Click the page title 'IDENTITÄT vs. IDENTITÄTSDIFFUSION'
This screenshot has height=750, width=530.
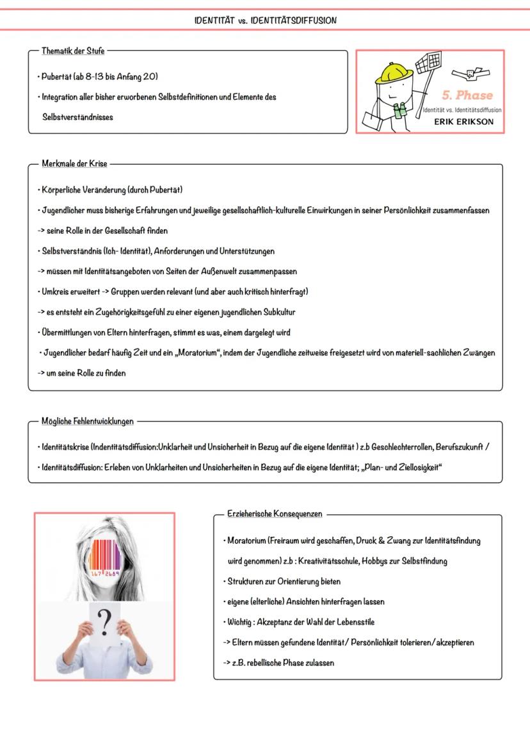(x=265, y=20)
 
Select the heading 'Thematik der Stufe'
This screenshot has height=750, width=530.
(x=73, y=51)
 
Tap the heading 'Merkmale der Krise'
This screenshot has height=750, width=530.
(x=74, y=164)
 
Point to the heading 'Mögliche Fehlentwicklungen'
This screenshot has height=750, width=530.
(x=88, y=421)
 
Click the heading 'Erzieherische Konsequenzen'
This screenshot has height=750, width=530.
(x=275, y=514)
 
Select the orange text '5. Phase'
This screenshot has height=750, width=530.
(x=467, y=95)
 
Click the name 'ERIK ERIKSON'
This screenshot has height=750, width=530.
(x=463, y=122)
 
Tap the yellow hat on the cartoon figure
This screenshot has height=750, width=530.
(x=392, y=70)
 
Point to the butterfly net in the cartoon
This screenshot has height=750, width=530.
(x=428, y=65)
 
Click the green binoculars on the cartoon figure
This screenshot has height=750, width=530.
(x=401, y=111)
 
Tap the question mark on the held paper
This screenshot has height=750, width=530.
(x=104, y=621)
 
